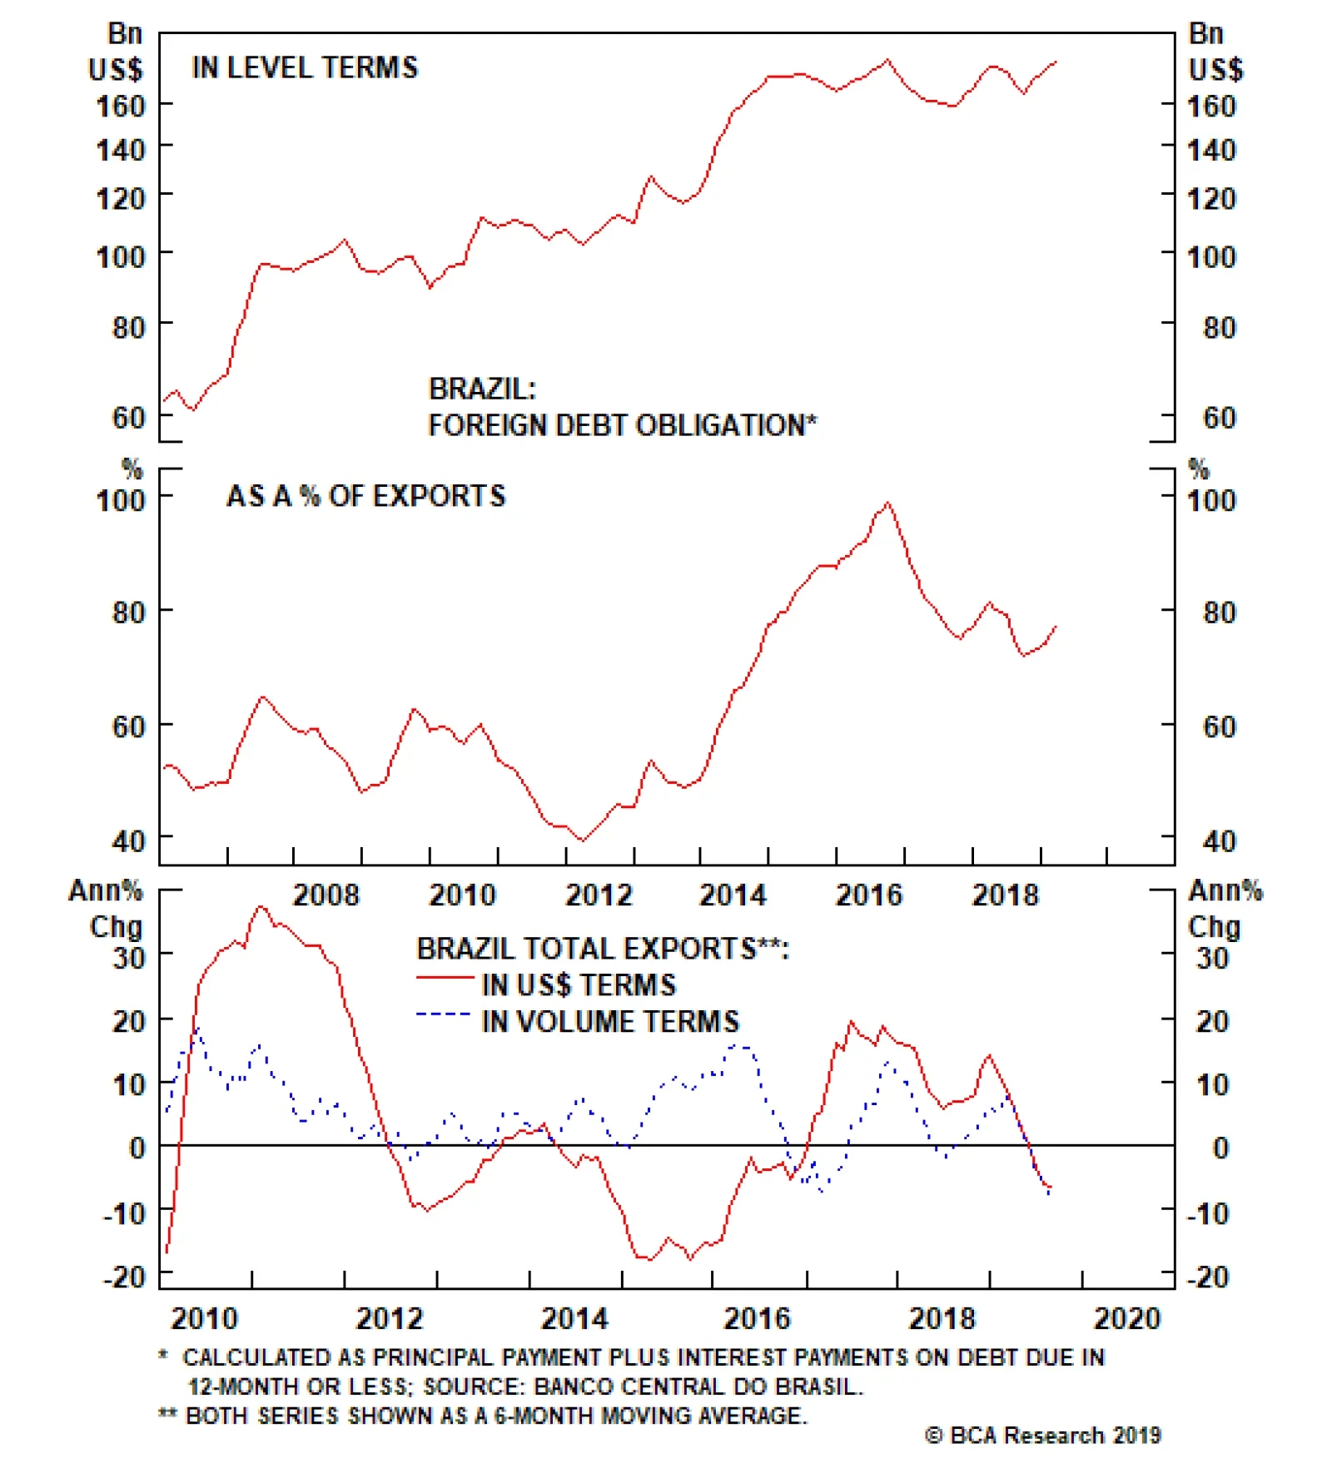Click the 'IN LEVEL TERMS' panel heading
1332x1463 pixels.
click(x=305, y=67)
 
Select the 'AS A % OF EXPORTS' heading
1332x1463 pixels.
click(x=365, y=496)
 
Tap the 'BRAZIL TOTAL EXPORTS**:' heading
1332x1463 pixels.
click(x=603, y=949)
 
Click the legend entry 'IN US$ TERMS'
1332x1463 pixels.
click(x=579, y=985)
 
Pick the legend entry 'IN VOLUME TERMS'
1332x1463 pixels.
click(x=610, y=1021)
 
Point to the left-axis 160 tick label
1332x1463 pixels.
click(x=121, y=106)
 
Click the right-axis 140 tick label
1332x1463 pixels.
click(x=1211, y=151)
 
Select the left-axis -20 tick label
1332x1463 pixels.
click(x=124, y=1277)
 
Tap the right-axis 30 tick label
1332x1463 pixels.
click(x=1212, y=958)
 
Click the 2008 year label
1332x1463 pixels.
click(x=326, y=895)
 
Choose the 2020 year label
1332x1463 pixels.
click(x=1126, y=1319)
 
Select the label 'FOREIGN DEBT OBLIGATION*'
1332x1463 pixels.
click(x=622, y=425)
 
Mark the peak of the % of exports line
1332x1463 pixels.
click(x=888, y=503)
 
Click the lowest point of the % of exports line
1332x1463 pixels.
click(x=582, y=841)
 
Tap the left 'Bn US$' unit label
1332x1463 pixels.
click(x=117, y=52)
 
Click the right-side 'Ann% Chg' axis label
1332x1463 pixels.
click(x=1224, y=909)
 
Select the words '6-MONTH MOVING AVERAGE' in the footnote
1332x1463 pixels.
click(x=649, y=1416)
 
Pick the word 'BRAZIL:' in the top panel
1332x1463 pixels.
click(x=482, y=389)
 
